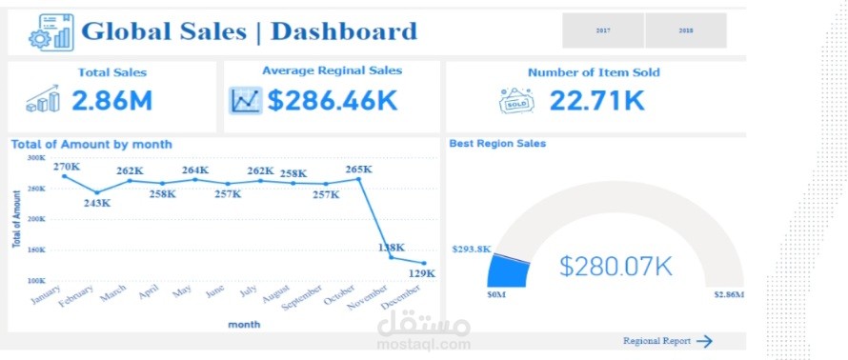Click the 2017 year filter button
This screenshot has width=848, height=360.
pyautogui.click(x=602, y=30)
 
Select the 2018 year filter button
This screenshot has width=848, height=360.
pyautogui.click(x=685, y=30)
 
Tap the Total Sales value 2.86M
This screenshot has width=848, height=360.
pyautogui.click(x=111, y=100)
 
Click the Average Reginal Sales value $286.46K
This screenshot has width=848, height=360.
pyautogui.click(x=332, y=100)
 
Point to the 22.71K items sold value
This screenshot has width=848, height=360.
pyautogui.click(x=596, y=100)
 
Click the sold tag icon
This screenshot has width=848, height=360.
pyautogui.click(x=516, y=101)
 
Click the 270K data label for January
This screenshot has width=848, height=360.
pyautogui.click(x=67, y=167)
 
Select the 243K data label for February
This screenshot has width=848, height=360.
pyautogui.click(x=96, y=203)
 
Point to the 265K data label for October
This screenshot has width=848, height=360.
pyautogui.click(x=358, y=170)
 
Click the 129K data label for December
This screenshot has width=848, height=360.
pyautogui.click(x=422, y=273)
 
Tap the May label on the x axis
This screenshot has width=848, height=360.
pyautogui.click(x=182, y=292)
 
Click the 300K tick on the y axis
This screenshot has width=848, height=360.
pyautogui.click(x=36, y=158)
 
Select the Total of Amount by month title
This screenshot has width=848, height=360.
pyautogui.click(x=91, y=144)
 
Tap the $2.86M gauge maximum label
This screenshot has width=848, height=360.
pyautogui.click(x=728, y=295)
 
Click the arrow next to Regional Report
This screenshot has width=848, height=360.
pyautogui.click(x=704, y=341)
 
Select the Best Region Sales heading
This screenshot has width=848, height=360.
pyautogui.click(x=497, y=144)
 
